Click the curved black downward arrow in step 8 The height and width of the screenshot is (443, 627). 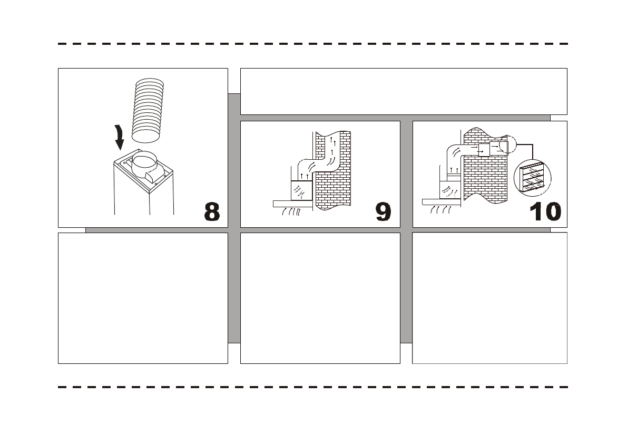[x=120, y=139]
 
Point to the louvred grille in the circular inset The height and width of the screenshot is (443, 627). [x=533, y=177]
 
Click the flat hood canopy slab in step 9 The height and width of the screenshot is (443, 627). [x=293, y=203]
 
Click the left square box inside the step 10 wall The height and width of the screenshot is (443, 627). [x=484, y=150]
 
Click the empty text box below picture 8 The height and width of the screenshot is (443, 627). [x=143, y=297]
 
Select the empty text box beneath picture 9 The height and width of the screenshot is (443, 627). [x=320, y=297]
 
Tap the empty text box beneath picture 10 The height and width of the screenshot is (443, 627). [x=489, y=297]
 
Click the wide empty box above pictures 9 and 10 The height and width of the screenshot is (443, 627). [x=403, y=91]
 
